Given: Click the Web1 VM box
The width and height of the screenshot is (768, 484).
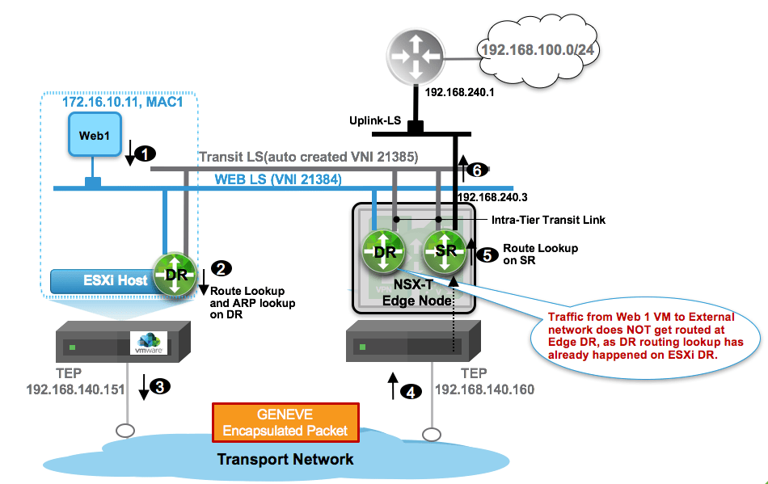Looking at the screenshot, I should click(x=95, y=135).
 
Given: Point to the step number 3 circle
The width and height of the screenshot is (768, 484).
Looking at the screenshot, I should click(x=161, y=386).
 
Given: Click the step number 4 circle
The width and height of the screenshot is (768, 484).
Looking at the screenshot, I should click(x=412, y=393).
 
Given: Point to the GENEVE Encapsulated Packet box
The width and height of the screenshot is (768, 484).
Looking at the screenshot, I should click(x=285, y=423).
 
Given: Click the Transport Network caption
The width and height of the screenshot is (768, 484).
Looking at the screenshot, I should click(x=285, y=459).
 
